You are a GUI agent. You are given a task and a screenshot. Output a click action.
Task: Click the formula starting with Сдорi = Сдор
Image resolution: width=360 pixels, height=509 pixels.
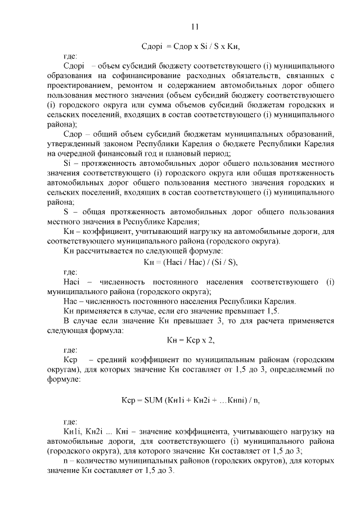tap(195, 47)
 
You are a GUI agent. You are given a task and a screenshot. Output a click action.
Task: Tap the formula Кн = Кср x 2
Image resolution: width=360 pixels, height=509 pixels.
tap(191, 340)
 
